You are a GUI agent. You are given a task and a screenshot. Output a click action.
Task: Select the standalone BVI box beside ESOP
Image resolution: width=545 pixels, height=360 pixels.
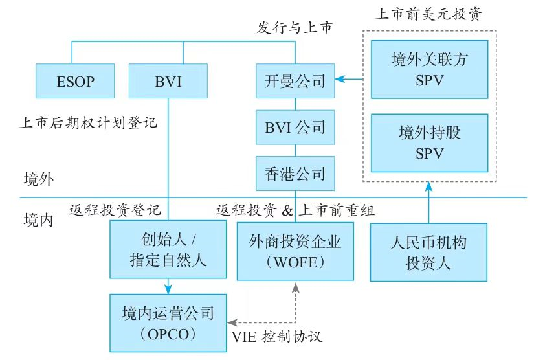(168, 82)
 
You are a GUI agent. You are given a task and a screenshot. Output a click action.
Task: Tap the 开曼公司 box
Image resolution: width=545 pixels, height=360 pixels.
(295, 82)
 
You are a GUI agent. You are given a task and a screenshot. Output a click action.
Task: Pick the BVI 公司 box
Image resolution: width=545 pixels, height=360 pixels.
(295, 127)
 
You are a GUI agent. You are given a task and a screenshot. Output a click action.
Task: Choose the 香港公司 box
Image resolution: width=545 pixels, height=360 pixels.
(295, 173)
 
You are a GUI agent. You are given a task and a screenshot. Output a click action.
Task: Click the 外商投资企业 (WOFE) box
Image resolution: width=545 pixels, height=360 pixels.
(295, 252)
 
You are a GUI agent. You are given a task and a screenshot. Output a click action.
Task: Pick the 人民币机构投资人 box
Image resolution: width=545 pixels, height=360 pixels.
(428, 253)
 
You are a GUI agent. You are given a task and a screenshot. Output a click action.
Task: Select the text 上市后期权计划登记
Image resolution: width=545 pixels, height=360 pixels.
(89, 122)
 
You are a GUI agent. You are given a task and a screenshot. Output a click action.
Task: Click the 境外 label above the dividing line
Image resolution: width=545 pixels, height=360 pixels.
(38, 179)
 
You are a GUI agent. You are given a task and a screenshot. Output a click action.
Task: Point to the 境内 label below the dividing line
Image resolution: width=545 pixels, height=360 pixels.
(38, 218)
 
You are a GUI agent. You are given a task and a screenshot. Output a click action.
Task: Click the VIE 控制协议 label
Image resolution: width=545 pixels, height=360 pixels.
(276, 337)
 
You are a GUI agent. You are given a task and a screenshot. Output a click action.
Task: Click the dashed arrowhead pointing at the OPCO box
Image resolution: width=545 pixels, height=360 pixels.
(232, 322)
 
